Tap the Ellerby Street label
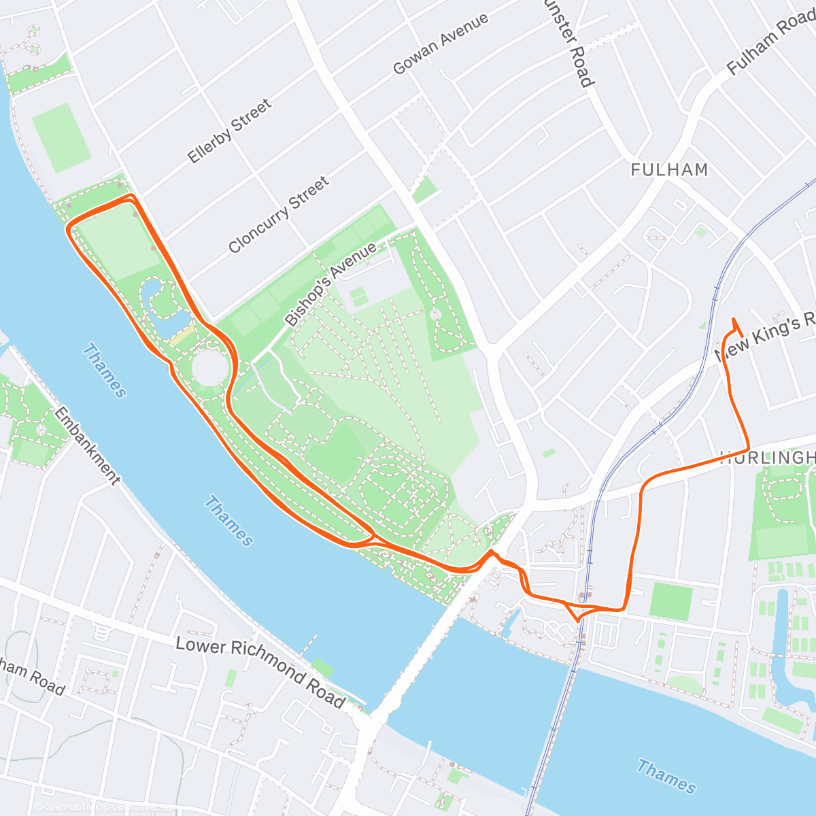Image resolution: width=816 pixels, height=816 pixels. coord(230,131)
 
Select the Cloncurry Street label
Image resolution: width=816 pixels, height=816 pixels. coord(279,214)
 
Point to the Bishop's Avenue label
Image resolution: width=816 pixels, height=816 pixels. coord(330,284)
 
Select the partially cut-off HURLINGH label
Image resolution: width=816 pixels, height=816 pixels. coord(767,457)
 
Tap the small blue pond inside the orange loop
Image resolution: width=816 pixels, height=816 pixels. coord(162,306)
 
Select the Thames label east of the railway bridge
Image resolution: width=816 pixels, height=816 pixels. coord(666,777)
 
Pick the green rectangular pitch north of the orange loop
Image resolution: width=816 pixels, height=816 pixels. coord(61,137)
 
